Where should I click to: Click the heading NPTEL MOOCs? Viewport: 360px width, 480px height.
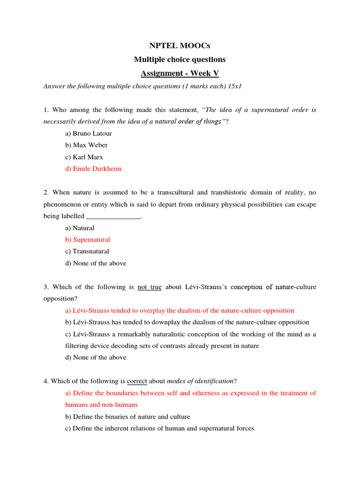180,45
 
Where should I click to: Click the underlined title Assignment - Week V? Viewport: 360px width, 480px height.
180,73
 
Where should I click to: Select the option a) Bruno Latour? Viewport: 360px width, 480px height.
89,133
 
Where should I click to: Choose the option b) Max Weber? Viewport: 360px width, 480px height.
86,145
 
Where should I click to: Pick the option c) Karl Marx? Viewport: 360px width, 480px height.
84,157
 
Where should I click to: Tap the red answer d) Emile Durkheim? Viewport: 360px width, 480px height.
93,169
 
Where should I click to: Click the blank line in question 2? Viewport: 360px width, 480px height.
113,216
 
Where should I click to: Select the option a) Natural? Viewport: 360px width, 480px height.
80,228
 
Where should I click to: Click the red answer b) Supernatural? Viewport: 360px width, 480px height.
88,240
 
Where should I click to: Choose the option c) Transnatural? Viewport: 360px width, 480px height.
87,251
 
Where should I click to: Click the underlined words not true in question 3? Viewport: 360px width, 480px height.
150,287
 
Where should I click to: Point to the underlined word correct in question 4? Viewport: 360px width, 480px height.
137,381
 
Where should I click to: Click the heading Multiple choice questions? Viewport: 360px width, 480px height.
180,60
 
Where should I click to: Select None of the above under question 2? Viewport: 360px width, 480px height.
96,263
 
